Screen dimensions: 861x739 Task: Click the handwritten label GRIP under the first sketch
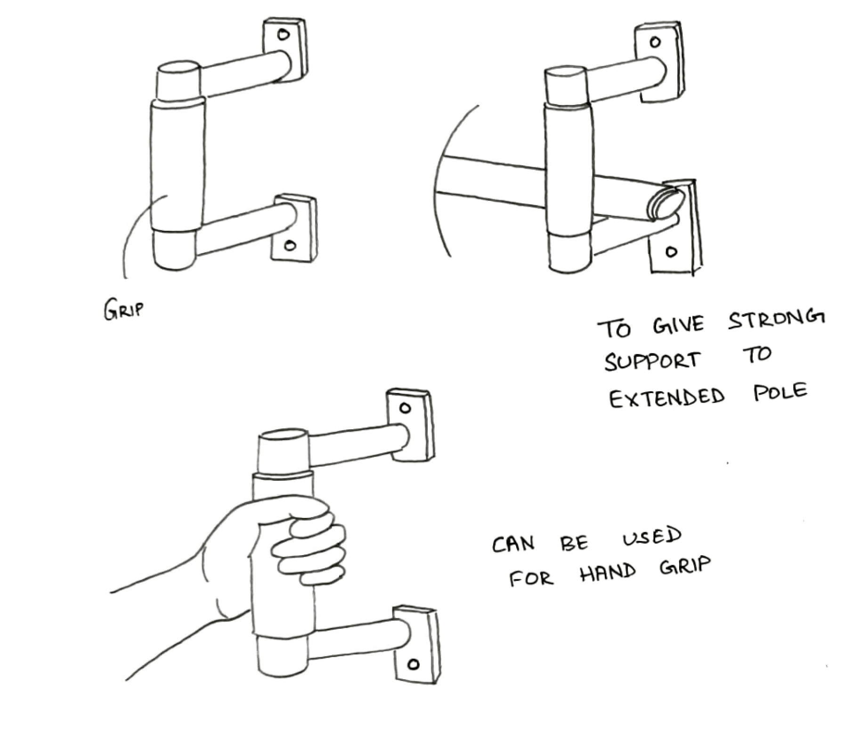123,309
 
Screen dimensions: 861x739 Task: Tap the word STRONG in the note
776,320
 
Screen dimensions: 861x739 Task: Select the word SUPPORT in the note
652,361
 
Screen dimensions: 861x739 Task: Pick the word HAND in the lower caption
608,573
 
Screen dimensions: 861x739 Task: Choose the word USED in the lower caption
652,537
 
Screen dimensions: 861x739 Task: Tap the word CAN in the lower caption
513,544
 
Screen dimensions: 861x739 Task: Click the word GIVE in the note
678,325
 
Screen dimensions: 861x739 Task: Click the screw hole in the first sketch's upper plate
283,34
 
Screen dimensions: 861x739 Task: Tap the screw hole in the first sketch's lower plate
290,246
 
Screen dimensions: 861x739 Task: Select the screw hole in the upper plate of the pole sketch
655,42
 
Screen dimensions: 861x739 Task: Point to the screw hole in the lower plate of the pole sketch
671,252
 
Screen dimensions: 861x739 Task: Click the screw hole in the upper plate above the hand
405,408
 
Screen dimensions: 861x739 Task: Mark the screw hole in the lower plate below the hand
413,665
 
